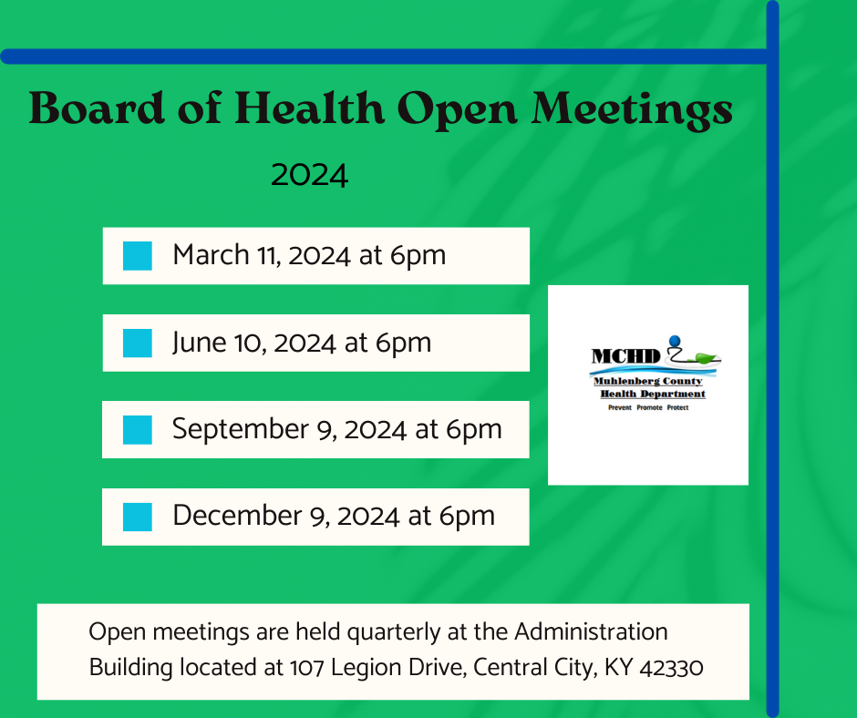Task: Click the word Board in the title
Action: pyautogui.click(x=97, y=108)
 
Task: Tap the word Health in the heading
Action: pyautogui.click(x=310, y=108)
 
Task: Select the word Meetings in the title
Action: pyautogui.click(x=632, y=110)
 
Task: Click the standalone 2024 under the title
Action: pyautogui.click(x=309, y=175)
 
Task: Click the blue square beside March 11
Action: pyautogui.click(x=137, y=256)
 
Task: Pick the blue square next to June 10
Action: pyautogui.click(x=137, y=344)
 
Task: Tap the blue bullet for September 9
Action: pyautogui.click(x=137, y=429)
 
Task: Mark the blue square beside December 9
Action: pyautogui.click(x=137, y=517)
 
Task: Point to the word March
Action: pyautogui.click(x=211, y=254)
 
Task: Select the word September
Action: pyautogui.click(x=241, y=430)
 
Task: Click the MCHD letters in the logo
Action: pyautogui.click(x=626, y=356)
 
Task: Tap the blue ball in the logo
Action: pyautogui.click(x=675, y=342)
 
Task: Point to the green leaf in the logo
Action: pyautogui.click(x=706, y=358)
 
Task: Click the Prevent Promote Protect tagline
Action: pyautogui.click(x=648, y=407)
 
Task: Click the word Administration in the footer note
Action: pyautogui.click(x=591, y=631)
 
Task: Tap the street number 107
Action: pyautogui.click(x=306, y=668)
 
